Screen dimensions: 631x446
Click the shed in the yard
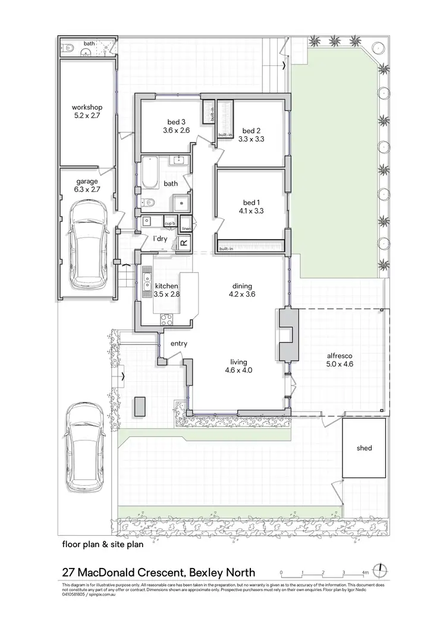point(364,448)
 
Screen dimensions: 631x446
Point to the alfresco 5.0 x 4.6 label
point(340,361)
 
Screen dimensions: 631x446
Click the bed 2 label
point(250,131)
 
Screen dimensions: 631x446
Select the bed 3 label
point(175,122)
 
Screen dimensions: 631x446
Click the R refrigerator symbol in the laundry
point(184,243)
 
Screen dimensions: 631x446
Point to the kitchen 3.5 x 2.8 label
point(166,290)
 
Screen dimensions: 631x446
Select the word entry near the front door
point(179,344)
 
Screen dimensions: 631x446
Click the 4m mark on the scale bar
point(365,573)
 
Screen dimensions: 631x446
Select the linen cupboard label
point(186,228)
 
